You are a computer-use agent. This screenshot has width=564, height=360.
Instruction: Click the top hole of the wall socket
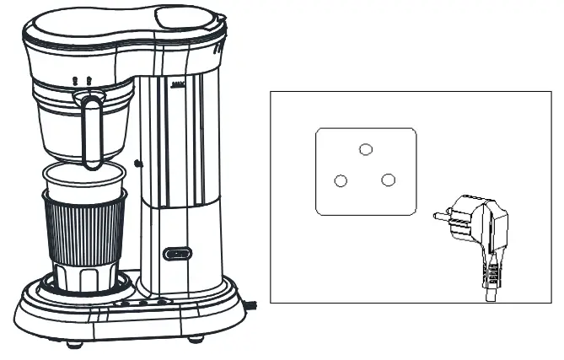(x=365, y=149)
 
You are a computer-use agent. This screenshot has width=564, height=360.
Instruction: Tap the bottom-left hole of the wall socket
(x=341, y=180)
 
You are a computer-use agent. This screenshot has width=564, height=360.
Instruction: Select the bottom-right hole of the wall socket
(x=388, y=180)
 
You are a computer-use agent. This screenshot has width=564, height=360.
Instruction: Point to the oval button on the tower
(x=177, y=252)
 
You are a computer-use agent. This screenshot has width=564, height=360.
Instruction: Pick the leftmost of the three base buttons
(x=126, y=301)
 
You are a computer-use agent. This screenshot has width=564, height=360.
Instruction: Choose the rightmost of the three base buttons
(x=159, y=301)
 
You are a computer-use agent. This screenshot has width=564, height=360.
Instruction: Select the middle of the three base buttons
(x=142, y=301)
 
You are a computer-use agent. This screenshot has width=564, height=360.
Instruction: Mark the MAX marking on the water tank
(x=178, y=84)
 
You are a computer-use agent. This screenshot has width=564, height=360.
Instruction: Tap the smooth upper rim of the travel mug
(x=84, y=179)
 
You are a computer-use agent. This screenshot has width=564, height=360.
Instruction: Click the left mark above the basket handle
(x=76, y=80)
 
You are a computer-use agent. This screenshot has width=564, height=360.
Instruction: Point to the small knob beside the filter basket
(x=137, y=162)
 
